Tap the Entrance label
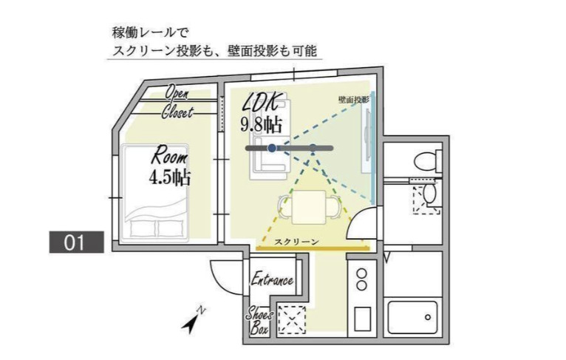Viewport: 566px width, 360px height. tap(272, 280)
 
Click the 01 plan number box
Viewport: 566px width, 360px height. tap(76, 242)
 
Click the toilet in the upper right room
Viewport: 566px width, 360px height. tap(423, 159)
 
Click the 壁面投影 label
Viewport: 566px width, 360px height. tap(353, 98)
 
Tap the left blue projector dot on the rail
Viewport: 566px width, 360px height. tap(272, 149)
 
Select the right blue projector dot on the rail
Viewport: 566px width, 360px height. tap(313, 148)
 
